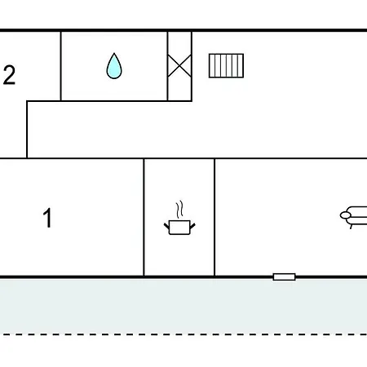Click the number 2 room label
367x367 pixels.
9,75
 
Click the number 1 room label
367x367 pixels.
47,218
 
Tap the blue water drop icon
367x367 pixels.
114,66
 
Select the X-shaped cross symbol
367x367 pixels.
179,66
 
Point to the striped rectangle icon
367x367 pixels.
226,66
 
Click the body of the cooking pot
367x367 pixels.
179,228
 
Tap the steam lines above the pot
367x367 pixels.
179,210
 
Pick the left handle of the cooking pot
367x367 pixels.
166,226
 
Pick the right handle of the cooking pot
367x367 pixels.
192,226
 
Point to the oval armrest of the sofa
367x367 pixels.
346,215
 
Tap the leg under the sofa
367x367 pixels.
352,226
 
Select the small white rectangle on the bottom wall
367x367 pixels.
284,276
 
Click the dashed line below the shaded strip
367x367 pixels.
183,334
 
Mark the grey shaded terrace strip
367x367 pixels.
183,306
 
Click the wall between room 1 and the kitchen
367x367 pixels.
144,217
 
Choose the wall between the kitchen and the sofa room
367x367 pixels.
214,217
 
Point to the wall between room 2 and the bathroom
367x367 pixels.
61,66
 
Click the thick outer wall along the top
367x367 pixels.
183,30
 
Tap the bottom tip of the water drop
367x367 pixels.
114,78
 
